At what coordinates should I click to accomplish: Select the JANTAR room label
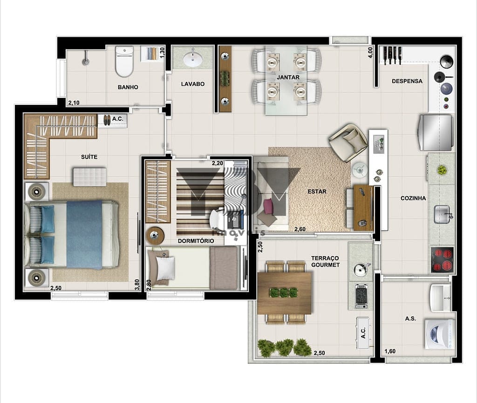coord(288,77)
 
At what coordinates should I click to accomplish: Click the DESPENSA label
coord(407,81)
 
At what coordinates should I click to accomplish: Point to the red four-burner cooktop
coord(443,259)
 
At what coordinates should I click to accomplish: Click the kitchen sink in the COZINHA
coord(442,214)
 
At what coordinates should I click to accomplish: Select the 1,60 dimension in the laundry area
coord(390,351)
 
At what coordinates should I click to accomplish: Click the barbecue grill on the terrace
coord(361,296)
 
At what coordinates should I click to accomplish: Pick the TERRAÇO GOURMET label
coord(325,262)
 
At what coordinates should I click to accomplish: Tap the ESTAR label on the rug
coord(317,191)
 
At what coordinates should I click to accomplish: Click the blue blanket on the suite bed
coord(84,235)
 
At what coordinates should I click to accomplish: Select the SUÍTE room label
coord(89,157)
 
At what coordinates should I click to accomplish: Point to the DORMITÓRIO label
coord(196,241)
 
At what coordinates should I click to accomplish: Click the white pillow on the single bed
coord(165,268)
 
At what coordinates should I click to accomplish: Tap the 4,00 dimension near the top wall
coord(370,52)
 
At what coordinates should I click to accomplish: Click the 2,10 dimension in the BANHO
coord(74,103)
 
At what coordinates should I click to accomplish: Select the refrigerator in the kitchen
coord(436,132)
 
